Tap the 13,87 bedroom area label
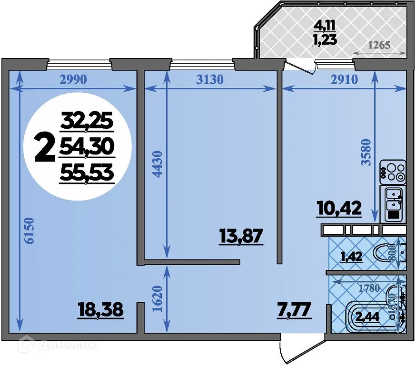point(241,235)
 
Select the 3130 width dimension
point(209,79)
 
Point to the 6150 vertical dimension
point(30,231)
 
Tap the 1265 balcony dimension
point(379,46)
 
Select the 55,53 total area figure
point(87,173)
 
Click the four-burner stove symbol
point(393,173)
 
